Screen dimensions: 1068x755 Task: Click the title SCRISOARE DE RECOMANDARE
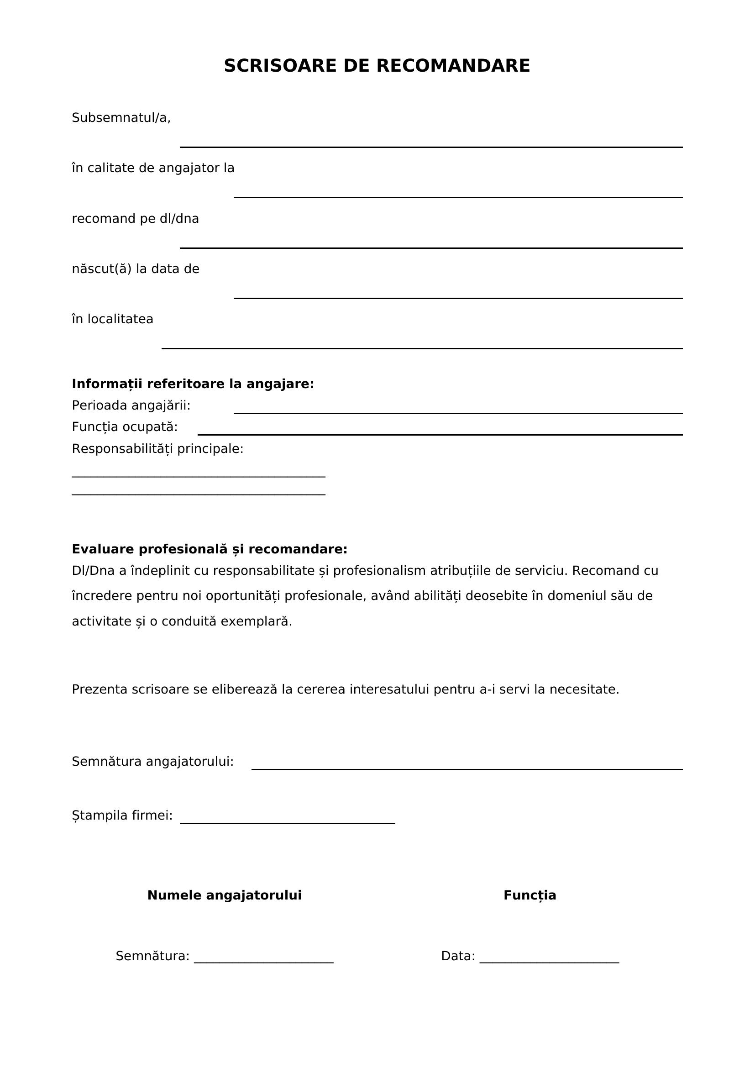click(377, 66)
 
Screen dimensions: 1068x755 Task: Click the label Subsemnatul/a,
click(121, 118)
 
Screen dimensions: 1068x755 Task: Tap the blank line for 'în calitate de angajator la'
click(457, 197)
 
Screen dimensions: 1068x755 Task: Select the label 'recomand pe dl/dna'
click(135, 219)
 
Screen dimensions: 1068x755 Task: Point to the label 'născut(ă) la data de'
click(135, 269)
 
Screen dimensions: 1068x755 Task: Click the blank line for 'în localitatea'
click(422, 348)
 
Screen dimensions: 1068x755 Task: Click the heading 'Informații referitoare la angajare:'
click(193, 384)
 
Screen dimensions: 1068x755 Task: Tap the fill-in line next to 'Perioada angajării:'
click(457, 413)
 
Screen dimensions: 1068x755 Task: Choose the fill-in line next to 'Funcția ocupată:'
click(440, 434)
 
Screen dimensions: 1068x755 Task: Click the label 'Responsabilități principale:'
click(157, 449)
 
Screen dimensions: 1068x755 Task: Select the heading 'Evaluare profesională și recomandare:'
click(210, 549)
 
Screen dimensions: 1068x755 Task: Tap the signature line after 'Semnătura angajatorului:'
click(467, 769)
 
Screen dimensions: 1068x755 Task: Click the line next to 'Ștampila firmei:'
click(287, 823)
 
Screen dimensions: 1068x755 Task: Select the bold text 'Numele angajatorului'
click(224, 895)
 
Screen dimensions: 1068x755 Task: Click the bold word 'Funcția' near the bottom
click(530, 895)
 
